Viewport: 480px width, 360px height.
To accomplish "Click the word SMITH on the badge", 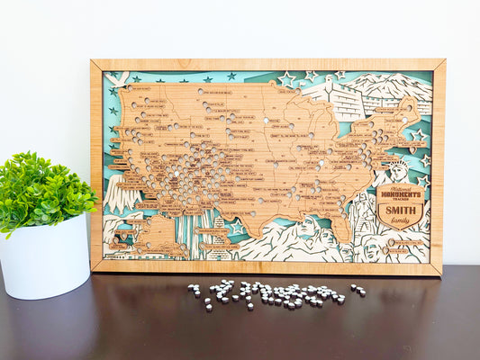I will click(x=400, y=212).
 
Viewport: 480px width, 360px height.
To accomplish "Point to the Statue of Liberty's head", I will click(x=397, y=169).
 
